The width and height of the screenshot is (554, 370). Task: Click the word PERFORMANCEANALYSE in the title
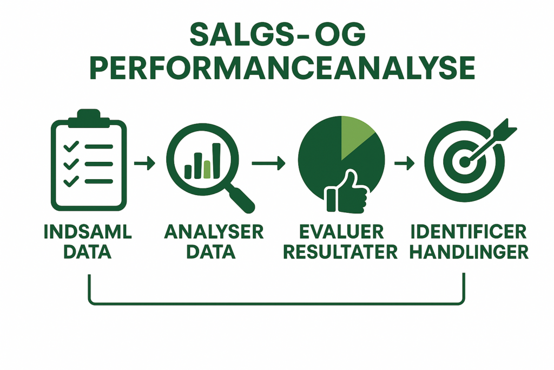[282, 68]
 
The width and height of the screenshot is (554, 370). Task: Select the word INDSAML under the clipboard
[88, 232]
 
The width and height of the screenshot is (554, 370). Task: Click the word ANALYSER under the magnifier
[214, 232]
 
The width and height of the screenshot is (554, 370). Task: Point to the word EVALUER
[341, 232]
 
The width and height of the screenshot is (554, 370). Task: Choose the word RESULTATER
[341, 252]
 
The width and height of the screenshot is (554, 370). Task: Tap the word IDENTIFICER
[469, 232]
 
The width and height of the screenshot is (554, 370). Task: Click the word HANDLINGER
[469, 252]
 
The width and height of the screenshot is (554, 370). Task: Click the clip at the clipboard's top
[88, 118]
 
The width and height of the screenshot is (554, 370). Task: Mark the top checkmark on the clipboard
[71, 146]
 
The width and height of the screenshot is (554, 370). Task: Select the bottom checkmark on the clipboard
[71, 181]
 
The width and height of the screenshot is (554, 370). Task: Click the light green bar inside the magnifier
[207, 170]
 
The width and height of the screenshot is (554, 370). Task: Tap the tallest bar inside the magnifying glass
[216, 160]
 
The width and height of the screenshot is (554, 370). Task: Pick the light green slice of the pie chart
[355, 135]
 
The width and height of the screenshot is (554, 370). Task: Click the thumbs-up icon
[347, 193]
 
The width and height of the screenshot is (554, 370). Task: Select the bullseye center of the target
[464, 163]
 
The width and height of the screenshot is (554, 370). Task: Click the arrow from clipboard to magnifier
[144, 163]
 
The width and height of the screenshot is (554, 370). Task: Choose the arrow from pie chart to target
[404, 163]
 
